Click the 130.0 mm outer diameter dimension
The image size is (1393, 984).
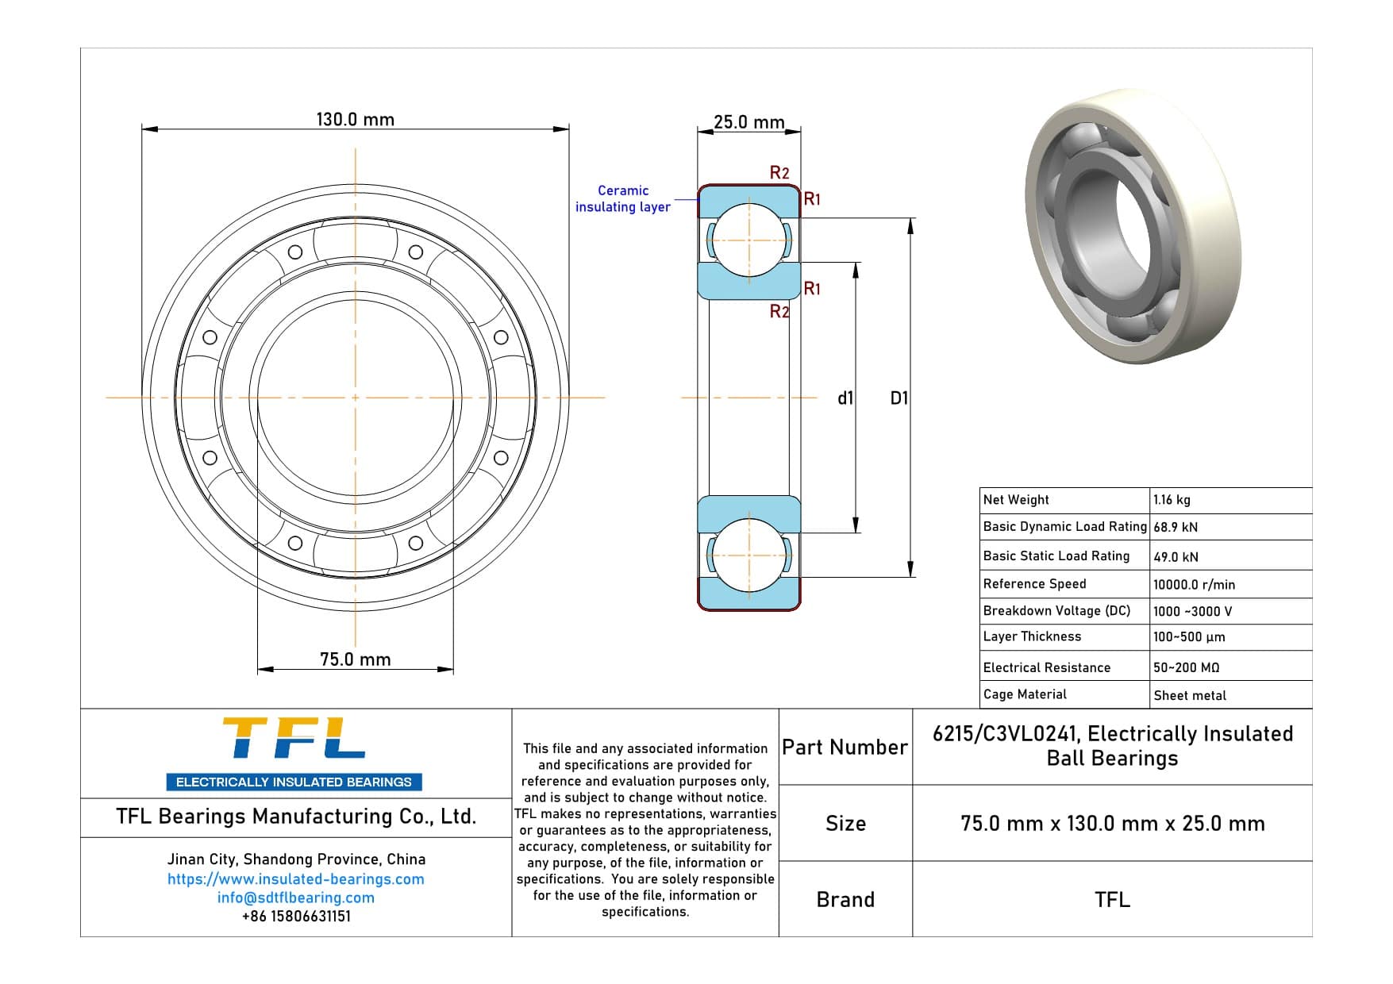point(355,120)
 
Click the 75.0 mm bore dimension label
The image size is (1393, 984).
point(355,659)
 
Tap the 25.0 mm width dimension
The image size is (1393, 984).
point(748,122)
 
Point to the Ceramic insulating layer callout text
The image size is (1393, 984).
point(623,198)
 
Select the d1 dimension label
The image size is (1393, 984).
point(845,398)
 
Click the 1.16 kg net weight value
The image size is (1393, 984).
point(1172,500)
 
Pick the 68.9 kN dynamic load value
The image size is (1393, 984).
point(1176,527)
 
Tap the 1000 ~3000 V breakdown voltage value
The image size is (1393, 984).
point(1192,611)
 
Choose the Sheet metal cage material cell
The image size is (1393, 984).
point(1190,695)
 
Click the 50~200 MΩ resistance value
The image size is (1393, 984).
point(1186,667)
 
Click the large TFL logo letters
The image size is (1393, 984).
point(294,739)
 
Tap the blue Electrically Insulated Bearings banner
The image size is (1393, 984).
point(294,782)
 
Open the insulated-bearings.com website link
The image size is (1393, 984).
point(295,879)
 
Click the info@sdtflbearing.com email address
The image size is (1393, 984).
point(295,898)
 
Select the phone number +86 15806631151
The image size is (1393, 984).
point(295,916)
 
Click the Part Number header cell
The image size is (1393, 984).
point(845,747)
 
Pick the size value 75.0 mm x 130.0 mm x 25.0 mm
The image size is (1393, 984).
point(1112,824)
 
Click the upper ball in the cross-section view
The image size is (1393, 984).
point(748,240)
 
